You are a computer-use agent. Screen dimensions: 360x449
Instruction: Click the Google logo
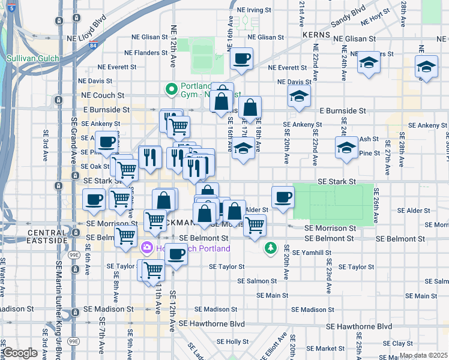coord(20,353)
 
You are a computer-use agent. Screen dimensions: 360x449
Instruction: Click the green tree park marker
coord(271,247)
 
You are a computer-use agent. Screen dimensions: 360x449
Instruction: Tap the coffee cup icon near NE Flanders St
coord(241,59)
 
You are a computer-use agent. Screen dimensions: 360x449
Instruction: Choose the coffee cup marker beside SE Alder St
coord(282,197)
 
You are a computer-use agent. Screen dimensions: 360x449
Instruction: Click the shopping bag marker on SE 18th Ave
coord(250,109)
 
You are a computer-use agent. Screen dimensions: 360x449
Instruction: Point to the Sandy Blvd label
coord(349,11)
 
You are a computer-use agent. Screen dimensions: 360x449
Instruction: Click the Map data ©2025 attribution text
coord(423,355)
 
